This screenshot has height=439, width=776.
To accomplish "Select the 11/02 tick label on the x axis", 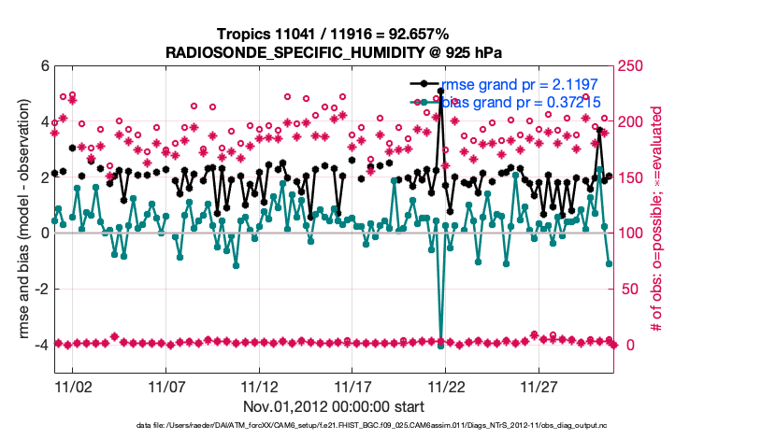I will (73, 386).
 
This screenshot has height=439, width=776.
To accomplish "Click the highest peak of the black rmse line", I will (440, 92).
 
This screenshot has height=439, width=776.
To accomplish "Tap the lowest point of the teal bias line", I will (440, 346).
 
